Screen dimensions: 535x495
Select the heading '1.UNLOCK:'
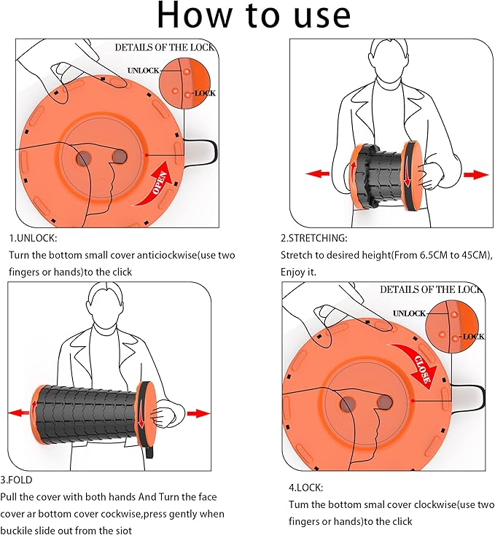[x=33, y=238]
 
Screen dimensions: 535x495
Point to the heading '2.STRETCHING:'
[x=314, y=238]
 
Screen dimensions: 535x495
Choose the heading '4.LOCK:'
[x=306, y=487]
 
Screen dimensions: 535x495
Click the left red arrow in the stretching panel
[x=317, y=174]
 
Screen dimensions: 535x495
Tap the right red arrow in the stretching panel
[x=475, y=174]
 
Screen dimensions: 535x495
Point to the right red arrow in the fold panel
[x=198, y=413]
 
